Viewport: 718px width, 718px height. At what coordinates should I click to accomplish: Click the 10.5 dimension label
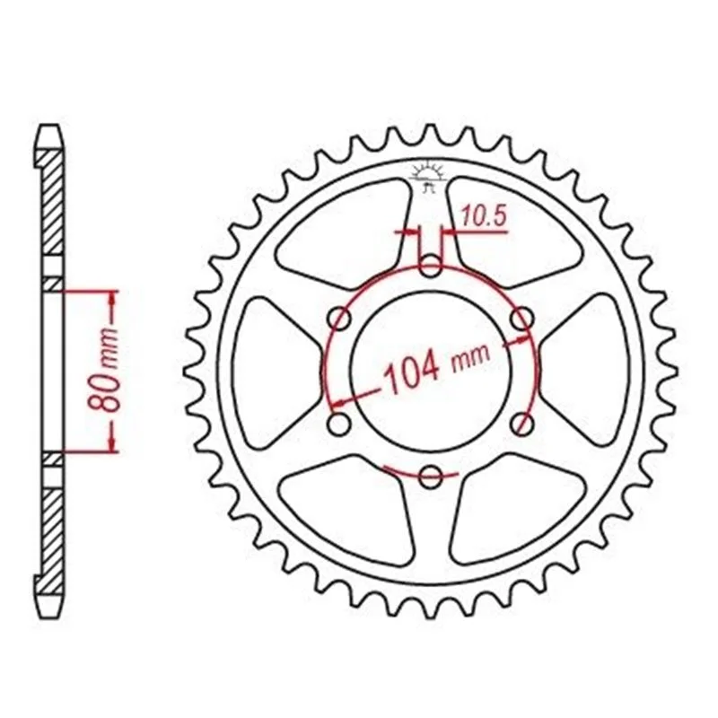tap(484, 215)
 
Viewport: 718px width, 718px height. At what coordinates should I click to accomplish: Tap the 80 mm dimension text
tap(104, 370)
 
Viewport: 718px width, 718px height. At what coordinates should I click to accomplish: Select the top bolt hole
tap(430, 267)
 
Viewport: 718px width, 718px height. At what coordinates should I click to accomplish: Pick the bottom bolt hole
tap(431, 477)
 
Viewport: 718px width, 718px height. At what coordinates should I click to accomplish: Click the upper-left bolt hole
tap(340, 320)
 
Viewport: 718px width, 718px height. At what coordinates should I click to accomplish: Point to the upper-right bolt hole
tap(521, 320)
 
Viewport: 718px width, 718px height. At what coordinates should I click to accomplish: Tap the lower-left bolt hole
tap(339, 424)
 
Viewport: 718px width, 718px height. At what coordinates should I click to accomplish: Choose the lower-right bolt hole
tap(521, 424)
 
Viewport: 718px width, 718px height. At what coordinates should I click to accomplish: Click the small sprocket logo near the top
tap(428, 177)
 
